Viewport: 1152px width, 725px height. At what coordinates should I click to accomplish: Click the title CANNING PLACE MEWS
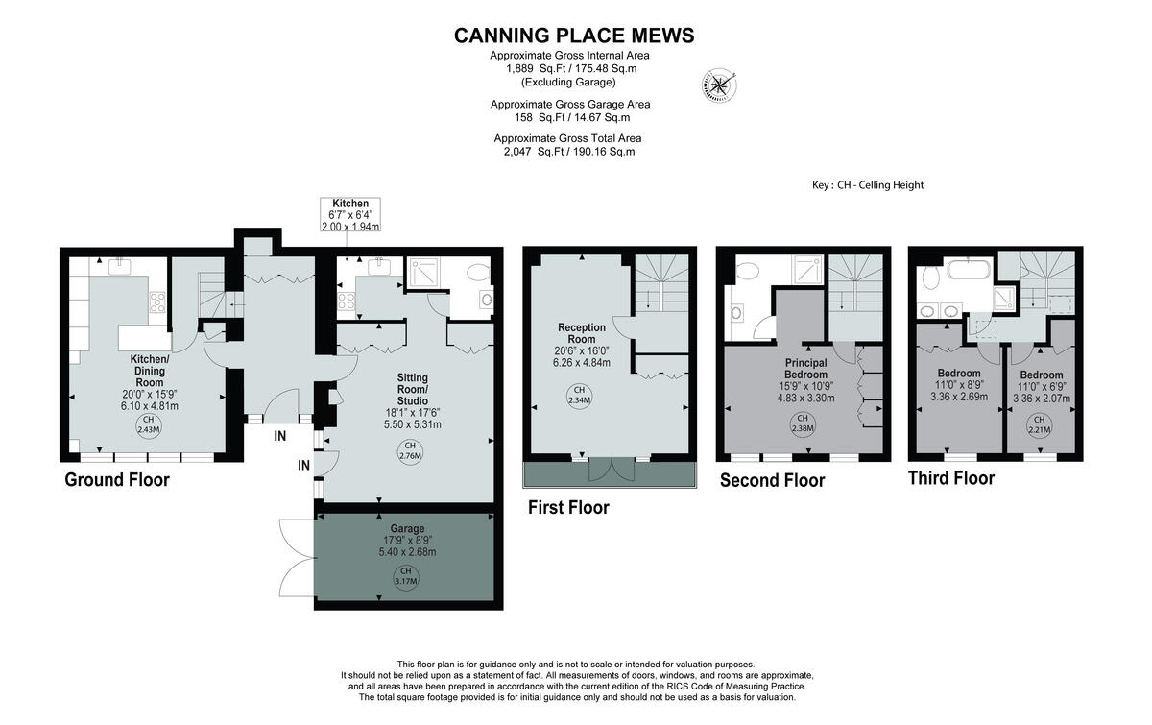(573, 36)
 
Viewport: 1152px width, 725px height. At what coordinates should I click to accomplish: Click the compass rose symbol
(717, 85)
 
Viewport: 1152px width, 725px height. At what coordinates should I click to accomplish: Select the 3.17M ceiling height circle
(405, 576)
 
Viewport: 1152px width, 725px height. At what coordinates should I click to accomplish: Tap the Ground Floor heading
(116, 479)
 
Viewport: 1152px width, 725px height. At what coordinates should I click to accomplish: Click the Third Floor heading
(950, 477)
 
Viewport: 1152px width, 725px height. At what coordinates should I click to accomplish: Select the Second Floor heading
(772, 480)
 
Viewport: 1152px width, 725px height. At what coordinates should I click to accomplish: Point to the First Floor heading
(568, 507)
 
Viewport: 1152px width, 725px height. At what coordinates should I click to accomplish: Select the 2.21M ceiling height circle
(1038, 423)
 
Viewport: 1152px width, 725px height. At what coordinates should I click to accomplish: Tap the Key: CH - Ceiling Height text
(867, 185)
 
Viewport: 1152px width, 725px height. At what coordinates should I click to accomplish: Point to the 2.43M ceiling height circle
(148, 424)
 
